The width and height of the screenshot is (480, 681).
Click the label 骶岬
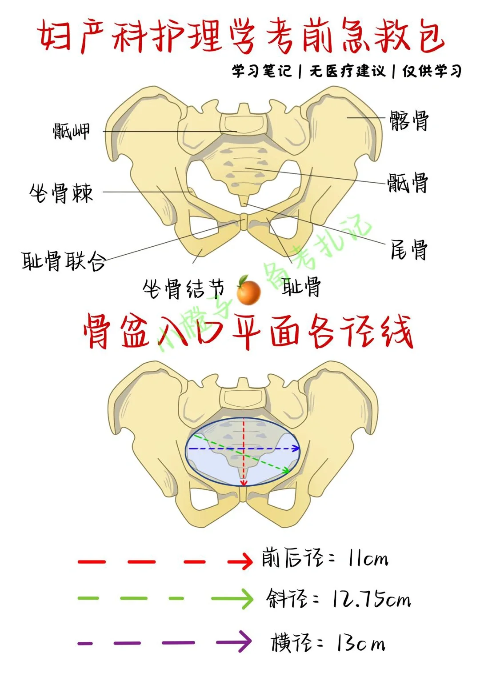click(x=71, y=131)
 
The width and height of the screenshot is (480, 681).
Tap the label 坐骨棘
click(x=61, y=193)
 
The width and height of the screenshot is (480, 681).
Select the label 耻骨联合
click(x=64, y=261)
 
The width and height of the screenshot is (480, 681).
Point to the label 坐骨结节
click(x=183, y=289)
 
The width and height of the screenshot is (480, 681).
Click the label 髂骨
click(x=409, y=121)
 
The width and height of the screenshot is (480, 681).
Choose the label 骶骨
click(x=408, y=183)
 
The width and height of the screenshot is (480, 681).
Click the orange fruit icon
click(x=248, y=291)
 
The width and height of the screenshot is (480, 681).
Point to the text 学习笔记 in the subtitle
click(x=261, y=71)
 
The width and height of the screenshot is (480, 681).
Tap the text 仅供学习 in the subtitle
click(x=432, y=71)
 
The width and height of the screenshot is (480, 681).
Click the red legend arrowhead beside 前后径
click(x=242, y=561)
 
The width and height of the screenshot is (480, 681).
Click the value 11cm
click(x=368, y=559)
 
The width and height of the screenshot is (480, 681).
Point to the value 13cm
click(x=360, y=643)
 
